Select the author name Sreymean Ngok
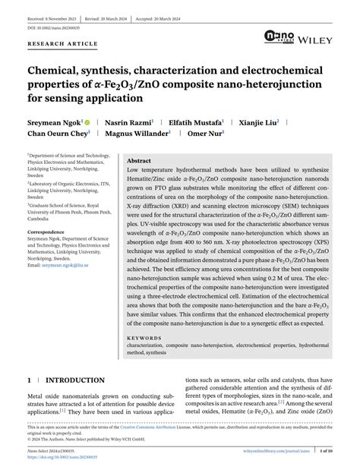point(52,121)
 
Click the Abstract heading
point(139,162)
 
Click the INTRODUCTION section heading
point(75,380)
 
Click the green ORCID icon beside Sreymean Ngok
point(87,121)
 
